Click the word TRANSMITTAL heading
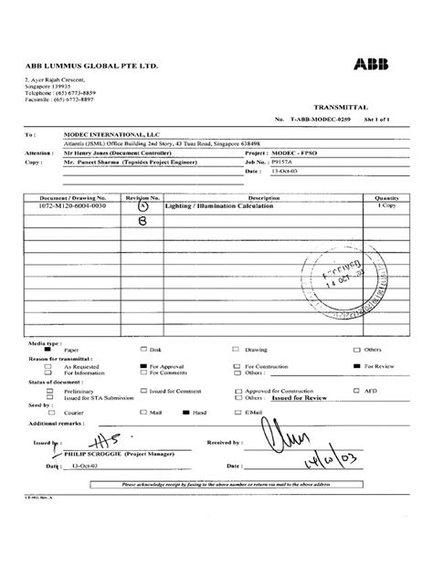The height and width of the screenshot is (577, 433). (340, 107)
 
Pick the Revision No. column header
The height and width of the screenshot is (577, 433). (142, 197)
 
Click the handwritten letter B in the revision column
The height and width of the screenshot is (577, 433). (142, 221)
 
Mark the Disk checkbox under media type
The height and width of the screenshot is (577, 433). (143, 349)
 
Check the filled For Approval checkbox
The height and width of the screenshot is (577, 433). (143, 364)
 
